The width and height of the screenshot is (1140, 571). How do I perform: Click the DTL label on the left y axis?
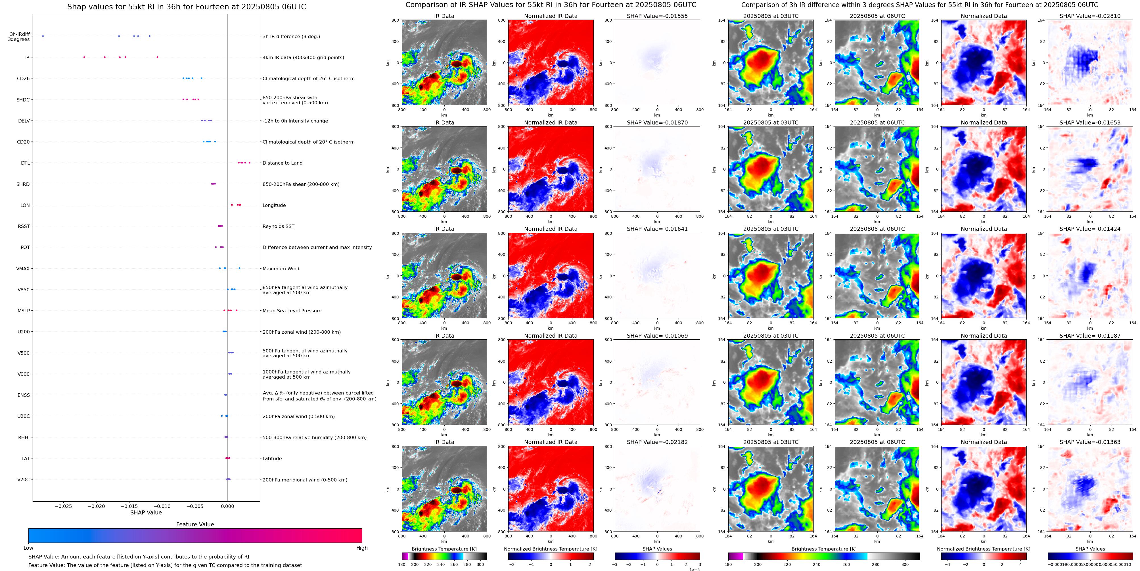pyautogui.click(x=25, y=163)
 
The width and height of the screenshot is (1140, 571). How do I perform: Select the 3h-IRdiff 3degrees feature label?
pyautogui.click(x=20, y=37)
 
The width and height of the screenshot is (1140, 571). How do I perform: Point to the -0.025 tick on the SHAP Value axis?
pyautogui.click(x=63, y=506)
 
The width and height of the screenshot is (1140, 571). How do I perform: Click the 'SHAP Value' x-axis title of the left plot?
pyautogui.click(x=146, y=512)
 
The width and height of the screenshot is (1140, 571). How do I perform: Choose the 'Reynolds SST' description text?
pyautogui.click(x=278, y=226)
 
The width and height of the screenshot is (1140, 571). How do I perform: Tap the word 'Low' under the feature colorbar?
pyautogui.click(x=28, y=548)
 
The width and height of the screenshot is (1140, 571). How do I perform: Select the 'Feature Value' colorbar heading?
pyautogui.click(x=195, y=524)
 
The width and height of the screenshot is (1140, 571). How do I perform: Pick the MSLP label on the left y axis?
pyautogui.click(x=24, y=311)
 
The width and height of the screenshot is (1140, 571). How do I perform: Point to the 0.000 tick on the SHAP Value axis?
pyautogui.click(x=227, y=506)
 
